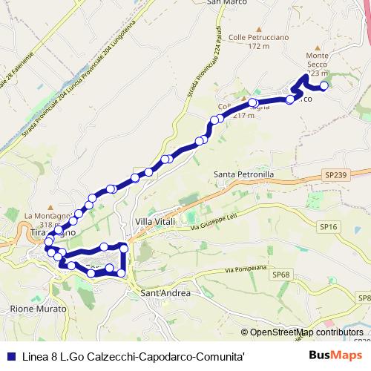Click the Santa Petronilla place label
click(244, 175)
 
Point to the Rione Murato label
click(33, 307)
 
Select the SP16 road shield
click(327, 226)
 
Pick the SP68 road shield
click(280, 275)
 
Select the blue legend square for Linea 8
click(10, 355)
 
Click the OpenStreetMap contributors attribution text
click(306, 332)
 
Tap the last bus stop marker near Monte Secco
click(324, 85)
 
